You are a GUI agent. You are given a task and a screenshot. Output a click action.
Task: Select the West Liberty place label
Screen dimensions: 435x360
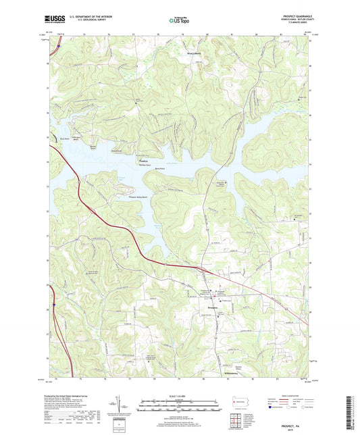(195, 50)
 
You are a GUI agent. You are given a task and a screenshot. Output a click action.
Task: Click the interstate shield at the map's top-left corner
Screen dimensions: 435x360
(59, 47)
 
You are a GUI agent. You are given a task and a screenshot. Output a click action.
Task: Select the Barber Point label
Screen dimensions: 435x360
(95, 146)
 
